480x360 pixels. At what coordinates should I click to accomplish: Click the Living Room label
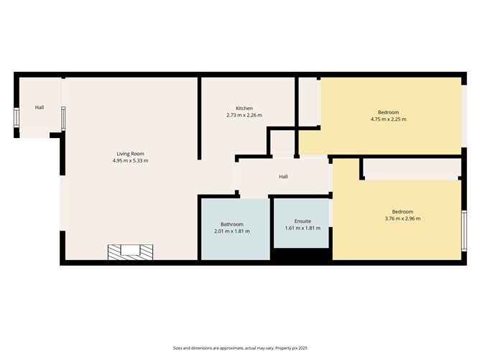point(130,153)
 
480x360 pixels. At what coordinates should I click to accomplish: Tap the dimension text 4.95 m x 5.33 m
point(130,161)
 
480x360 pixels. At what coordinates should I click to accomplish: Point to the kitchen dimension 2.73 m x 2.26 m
point(244,116)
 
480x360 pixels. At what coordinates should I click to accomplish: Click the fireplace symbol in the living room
point(130,251)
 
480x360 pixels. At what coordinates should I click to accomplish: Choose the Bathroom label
point(231,223)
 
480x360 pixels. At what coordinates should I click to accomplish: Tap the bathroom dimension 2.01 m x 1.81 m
point(231,231)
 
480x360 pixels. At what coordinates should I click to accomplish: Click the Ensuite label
point(303,221)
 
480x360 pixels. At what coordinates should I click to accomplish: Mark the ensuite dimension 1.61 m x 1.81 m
point(303,229)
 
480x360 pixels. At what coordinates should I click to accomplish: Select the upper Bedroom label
point(388,111)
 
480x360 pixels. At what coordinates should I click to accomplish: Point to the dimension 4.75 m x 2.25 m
point(388,119)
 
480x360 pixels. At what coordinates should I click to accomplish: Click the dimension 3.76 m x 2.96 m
point(402,219)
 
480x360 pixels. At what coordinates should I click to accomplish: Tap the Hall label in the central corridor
point(283,176)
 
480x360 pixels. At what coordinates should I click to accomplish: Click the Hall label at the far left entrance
point(40,108)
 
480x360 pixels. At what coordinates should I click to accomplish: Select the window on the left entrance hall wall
point(17,118)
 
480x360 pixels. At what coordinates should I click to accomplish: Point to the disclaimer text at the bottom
point(240,347)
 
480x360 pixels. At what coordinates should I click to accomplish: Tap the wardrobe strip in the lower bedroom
point(411,169)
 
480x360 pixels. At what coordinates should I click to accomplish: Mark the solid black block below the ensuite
point(300,254)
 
